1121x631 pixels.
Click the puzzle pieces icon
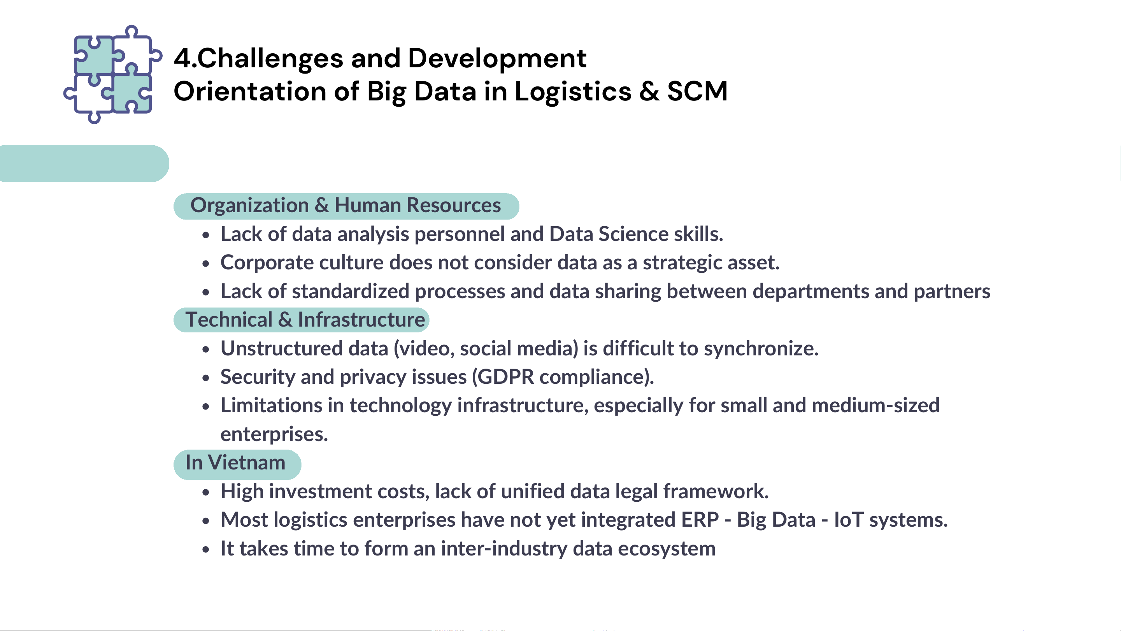coord(113,74)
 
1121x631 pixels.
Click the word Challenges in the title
coord(270,59)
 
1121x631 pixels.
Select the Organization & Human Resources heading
coord(346,206)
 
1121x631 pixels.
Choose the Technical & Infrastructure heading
coord(301,320)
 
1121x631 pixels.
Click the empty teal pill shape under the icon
coord(84,163)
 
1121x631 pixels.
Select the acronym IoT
coord(849,520)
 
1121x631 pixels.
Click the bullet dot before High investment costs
coord(206,492)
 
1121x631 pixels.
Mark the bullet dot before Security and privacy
coord(206,378)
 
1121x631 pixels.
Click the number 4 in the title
coord(182,59)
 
